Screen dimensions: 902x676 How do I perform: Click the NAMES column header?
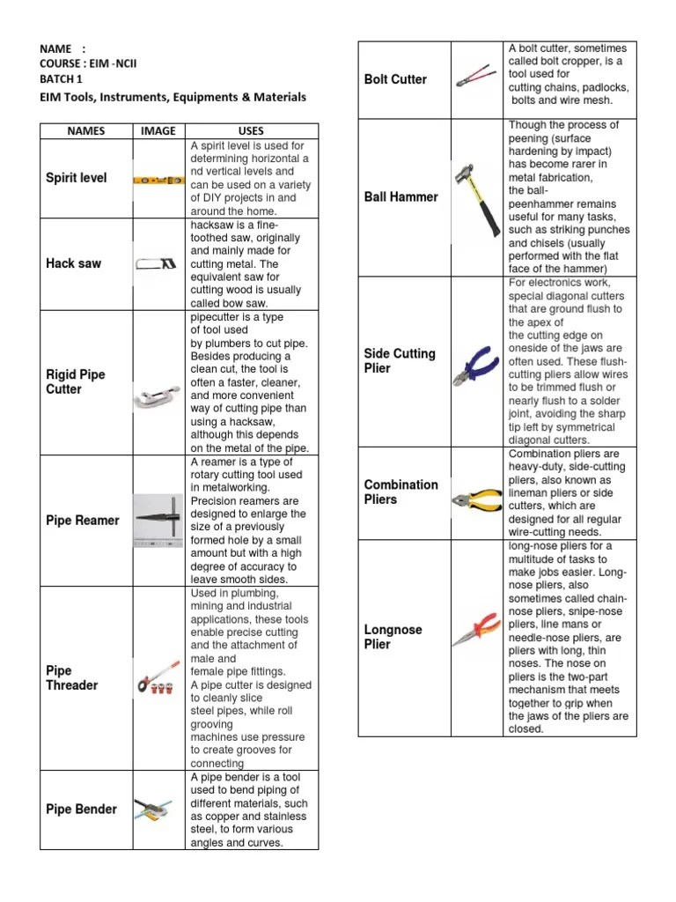(x=85, y=131)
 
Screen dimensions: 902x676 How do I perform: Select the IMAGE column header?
(x=158, y=131)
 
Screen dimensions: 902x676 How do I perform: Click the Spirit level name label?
(x=76, y=178)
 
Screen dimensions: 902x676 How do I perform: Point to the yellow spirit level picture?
(x=158, y=180)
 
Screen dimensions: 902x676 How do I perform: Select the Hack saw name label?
(x=73, y=263)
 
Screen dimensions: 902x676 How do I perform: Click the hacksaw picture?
(x=158, y=263)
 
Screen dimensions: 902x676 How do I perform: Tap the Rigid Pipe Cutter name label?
(x=76, y=381)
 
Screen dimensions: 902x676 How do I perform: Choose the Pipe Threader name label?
(x=72, y=678)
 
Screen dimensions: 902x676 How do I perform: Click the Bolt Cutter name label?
(x=395, y=79)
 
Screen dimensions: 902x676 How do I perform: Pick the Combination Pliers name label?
(x=400, y=492)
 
